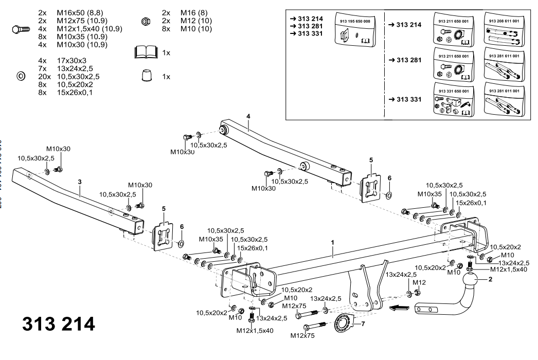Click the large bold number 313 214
pyautogui.click(x=58, y=324)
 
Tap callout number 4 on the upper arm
pyautogui.click(x=248, y=117)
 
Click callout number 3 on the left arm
pyautogui.click(x=80, y=182)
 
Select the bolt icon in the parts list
pyautogui.click(x=21, y=30)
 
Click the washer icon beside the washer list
pyautogui.click(x=21, y=76)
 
